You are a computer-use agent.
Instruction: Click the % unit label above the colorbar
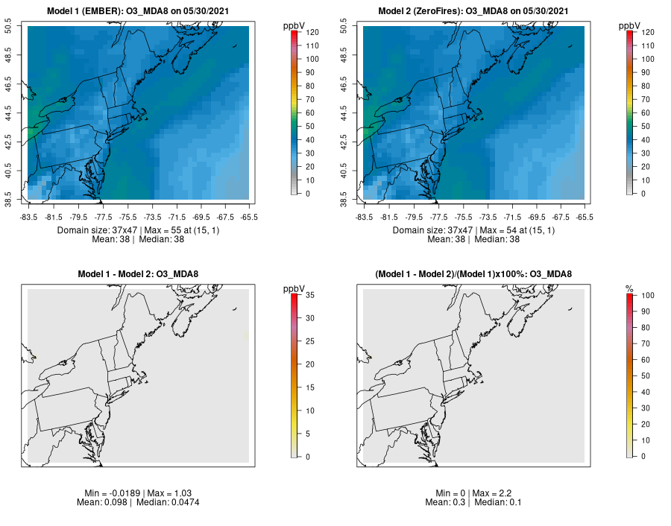629,288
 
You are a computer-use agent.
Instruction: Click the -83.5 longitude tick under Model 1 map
28,217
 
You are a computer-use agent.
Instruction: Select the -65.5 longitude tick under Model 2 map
585,217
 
